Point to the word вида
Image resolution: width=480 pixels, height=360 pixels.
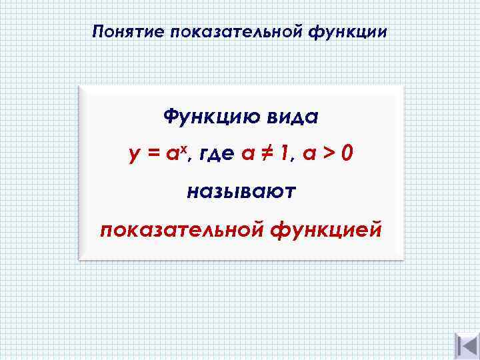(x=287, y=117)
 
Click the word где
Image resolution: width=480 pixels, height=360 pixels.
(x=215, y=155)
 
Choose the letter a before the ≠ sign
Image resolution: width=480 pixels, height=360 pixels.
(x=248, y=155)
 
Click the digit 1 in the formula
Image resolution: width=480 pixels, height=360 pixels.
(x=286, y=154)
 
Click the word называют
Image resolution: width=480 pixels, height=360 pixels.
(x=241, y=193)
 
